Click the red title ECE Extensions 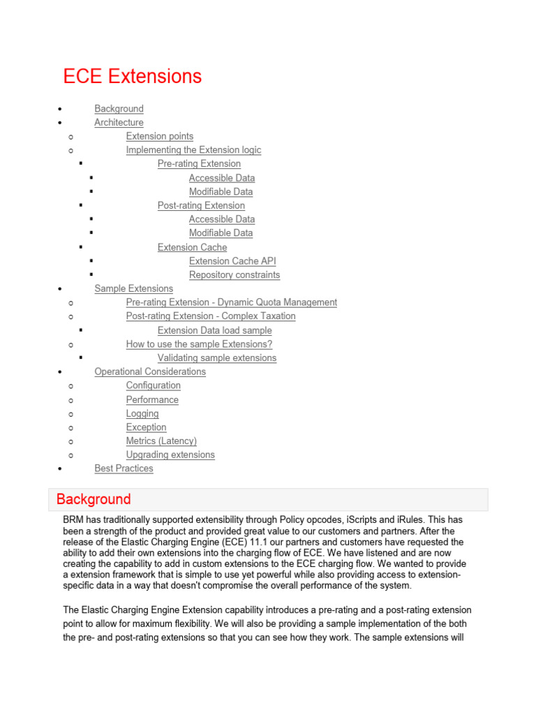pos(133,76)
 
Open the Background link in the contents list pos(119,109)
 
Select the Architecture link pos(119,123)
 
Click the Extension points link pos(160,136)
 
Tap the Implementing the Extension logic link pos(193,150)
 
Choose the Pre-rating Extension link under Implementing pos(199,164)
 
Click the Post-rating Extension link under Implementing pos(201,205)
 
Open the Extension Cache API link pos(232,261)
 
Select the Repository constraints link pos(234,275)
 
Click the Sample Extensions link pos(134,288)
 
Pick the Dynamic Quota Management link pos(231,302)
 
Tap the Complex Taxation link pos(211,316)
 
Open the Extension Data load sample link pos(215,330)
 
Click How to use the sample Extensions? pos(199,344)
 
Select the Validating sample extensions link pos(217,358)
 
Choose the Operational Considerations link pos(150,371)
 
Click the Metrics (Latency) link pos(161,441)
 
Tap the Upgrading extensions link pos(170,455)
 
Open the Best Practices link pos(124,469)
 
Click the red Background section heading pos(94,499)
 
